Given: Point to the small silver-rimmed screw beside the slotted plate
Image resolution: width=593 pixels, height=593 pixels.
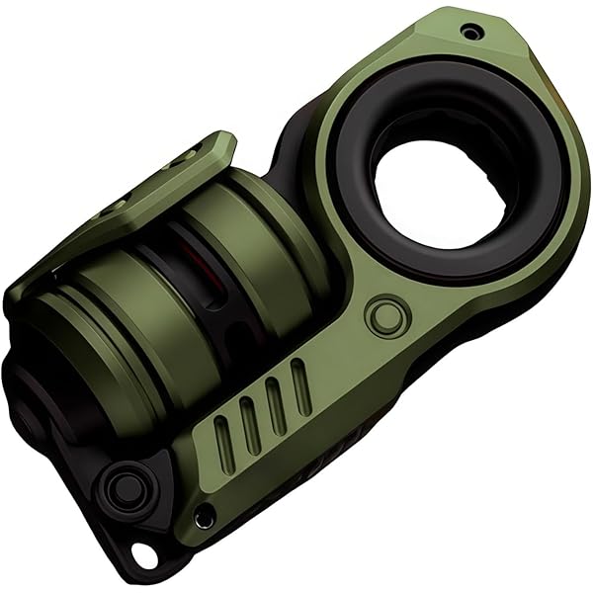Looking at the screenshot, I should tap(203, 516).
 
